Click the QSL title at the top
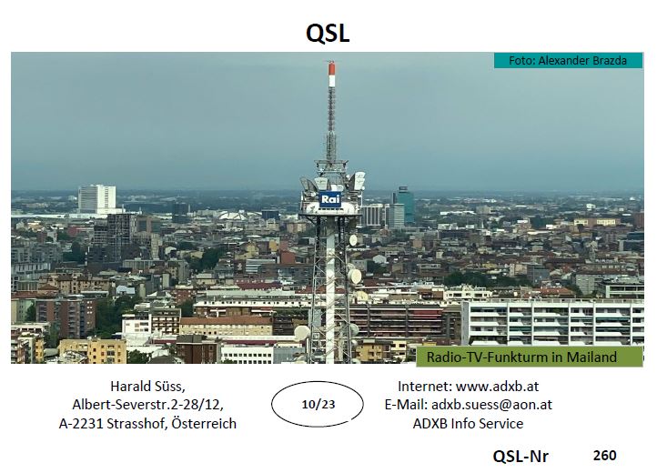(x=328, y=33)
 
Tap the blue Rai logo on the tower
(x=330, y=199)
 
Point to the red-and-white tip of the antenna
(x=332, y=75)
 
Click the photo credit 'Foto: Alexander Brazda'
(x=568, y=61)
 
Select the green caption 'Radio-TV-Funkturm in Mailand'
(x=521, y=357)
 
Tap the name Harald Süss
(x=147, y=386)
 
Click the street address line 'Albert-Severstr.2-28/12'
(x=147, y=405)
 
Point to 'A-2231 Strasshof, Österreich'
(x=147, y=424)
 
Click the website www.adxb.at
(x=497, y=386)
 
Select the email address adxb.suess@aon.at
(x=491, y=405)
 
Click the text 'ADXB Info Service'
(x=468, y=424)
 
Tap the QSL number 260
(x=604, y=455)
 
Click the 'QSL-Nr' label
(x=521, y=456)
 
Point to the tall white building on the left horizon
(x=96, y=198)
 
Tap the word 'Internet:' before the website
(x=425, y=386)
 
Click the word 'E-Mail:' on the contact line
(x=406, y=405)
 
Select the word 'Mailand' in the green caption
(x=591, y=357)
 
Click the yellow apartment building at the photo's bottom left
(x=93, y=351)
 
